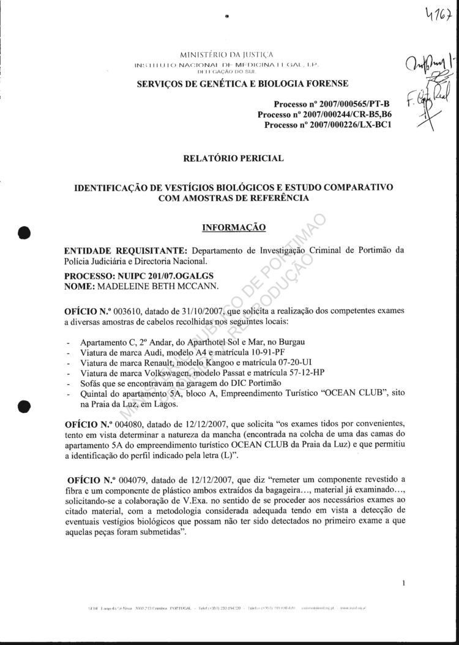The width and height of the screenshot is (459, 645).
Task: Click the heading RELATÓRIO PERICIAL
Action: (x=233, y=159)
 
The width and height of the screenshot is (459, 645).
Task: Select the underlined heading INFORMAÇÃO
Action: (x=233, y=228)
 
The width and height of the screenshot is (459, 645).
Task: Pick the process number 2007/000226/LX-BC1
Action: (x=350, y=125)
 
